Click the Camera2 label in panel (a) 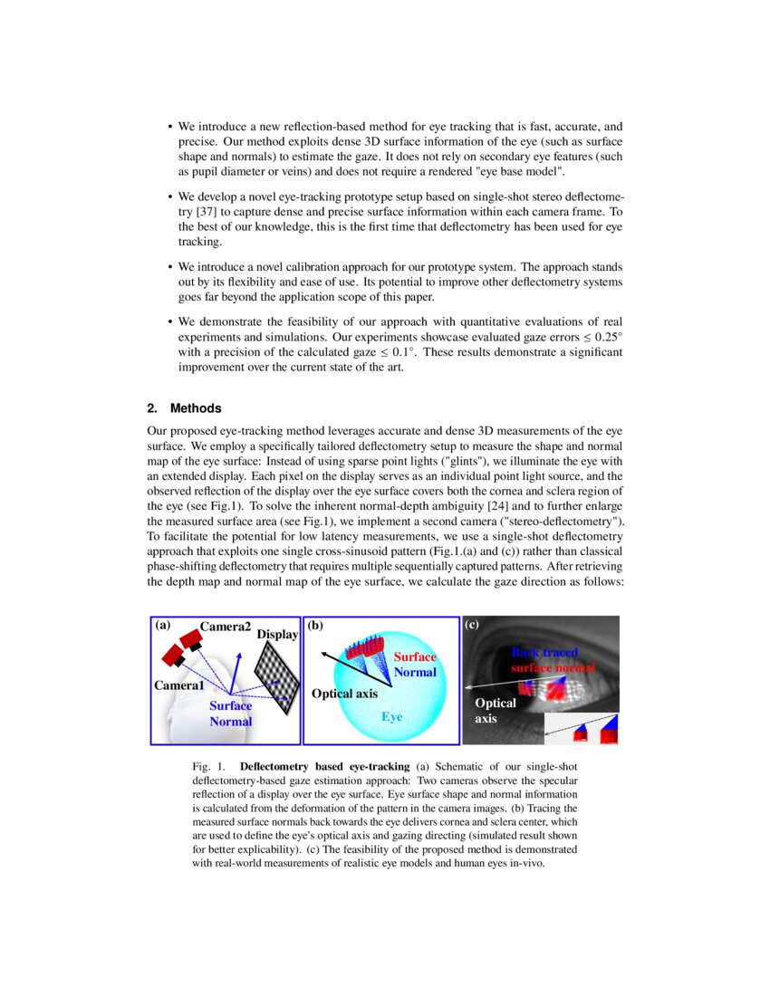[x=225, y=627]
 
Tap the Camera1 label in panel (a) [x=178, y=685]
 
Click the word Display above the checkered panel [x=277, y=635]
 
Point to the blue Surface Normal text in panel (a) [x=230, y=713]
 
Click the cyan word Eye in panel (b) [x=391, y=716]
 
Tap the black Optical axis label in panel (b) [x=344, y=694]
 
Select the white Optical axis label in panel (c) [x=495, y=711]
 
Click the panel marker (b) [x=316, y=625]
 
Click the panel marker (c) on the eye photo [x=472, y=625]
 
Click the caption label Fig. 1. [x=209, y=766]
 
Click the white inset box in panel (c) [x=581, y=729]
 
